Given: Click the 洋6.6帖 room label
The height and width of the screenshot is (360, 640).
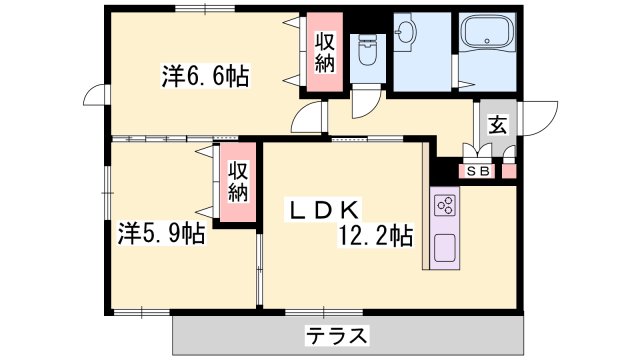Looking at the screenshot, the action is tap(205, 75).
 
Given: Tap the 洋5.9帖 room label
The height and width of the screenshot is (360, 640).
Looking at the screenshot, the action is tap(162, 233).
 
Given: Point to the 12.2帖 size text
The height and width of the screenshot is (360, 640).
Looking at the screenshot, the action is tap(375, 236).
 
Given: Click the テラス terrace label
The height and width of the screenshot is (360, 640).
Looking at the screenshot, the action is tap(337, 336).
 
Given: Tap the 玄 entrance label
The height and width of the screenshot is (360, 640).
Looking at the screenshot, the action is tap(498, 124).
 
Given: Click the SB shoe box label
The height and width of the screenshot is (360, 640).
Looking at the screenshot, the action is tap(478, 171).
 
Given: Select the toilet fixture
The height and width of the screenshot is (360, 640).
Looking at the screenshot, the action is tap(368, 50).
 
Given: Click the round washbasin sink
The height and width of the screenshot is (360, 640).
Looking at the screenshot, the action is tap(405, 29).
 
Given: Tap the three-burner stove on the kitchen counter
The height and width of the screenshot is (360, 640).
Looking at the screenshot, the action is tap(445, 205).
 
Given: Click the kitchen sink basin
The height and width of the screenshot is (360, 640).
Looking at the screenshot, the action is tap(444, 248).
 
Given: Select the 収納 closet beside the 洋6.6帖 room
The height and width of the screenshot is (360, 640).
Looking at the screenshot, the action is tap(324, 52).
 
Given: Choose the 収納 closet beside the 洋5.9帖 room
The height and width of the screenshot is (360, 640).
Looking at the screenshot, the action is tap(238, 182).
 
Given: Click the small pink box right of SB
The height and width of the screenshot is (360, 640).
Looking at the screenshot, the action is tap(509, 171).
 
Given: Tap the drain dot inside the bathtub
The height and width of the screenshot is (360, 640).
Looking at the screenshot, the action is tap(487, 41).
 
